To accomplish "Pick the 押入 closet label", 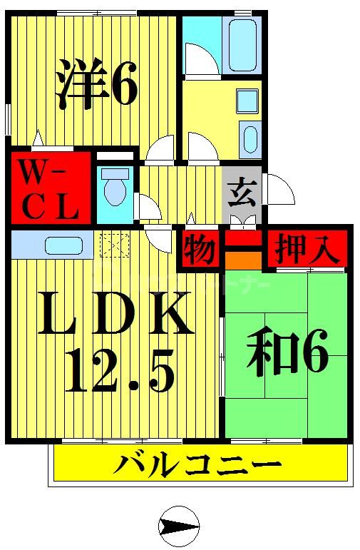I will click(x=308, y=250).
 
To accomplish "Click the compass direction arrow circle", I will click(x=177, y=526).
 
